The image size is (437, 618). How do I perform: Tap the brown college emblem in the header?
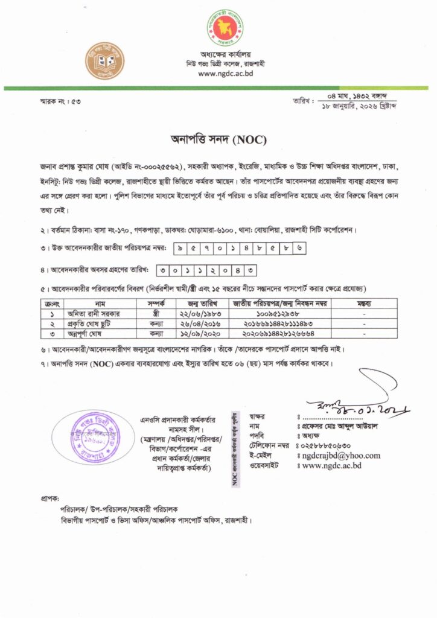pos(105,61)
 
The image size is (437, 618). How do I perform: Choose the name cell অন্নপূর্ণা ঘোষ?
pos(95,333)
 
